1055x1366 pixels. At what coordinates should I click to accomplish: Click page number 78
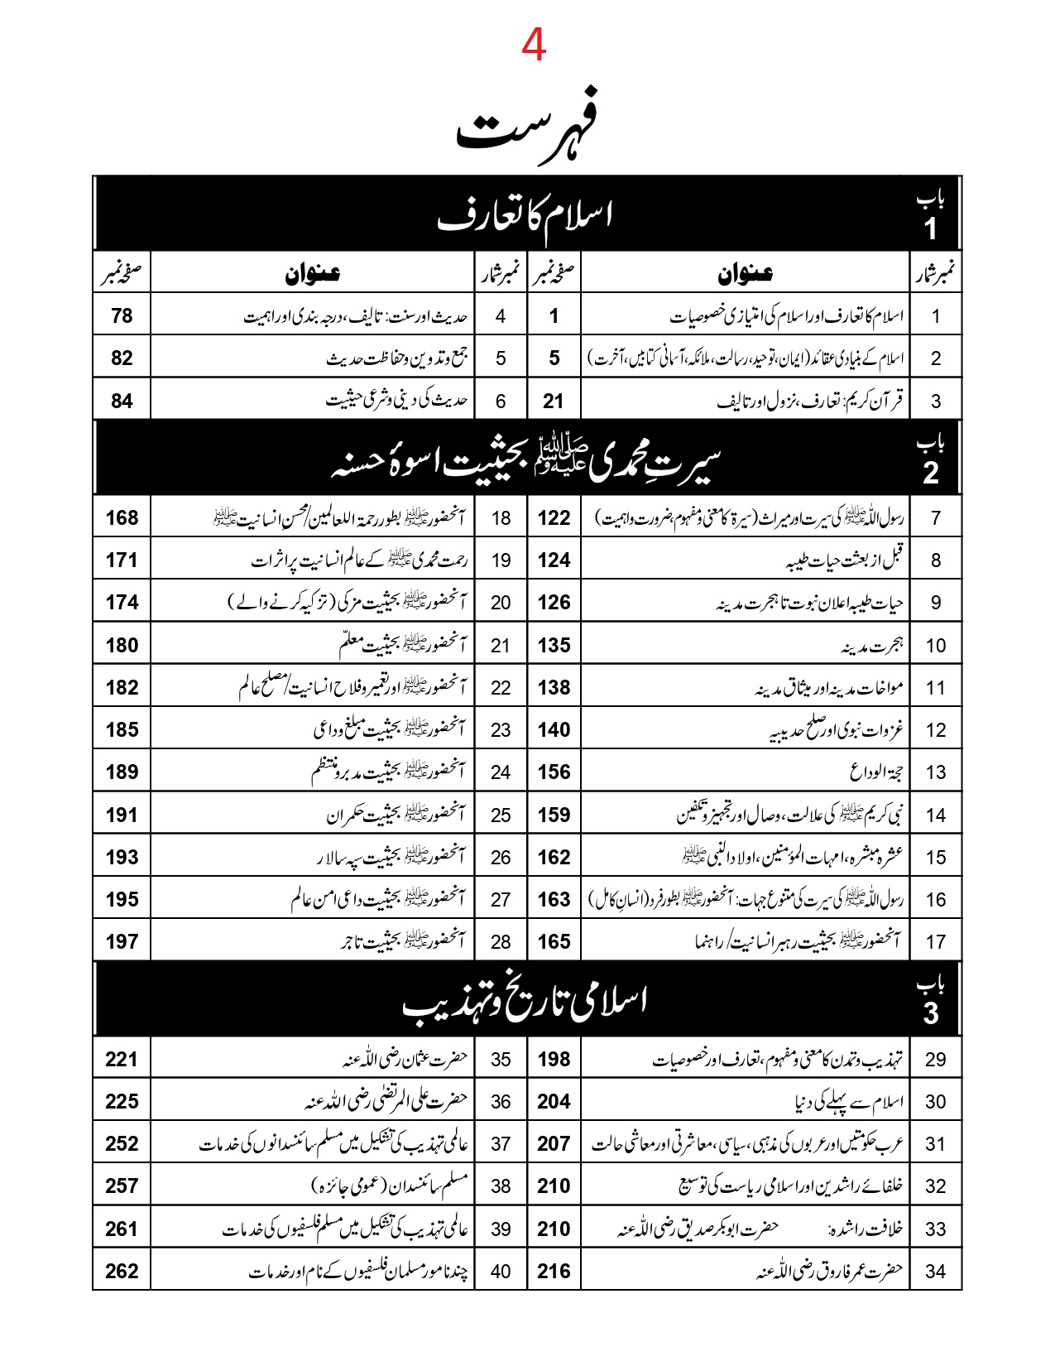click(122, 315)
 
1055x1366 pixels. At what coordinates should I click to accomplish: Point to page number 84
click(122, 401)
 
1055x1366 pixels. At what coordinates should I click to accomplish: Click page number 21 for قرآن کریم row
click(554, 401)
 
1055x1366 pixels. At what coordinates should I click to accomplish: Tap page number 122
click(554, 518)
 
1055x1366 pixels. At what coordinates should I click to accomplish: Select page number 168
click(122, 518)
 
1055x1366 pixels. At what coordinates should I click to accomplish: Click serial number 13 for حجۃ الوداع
click(936, 772)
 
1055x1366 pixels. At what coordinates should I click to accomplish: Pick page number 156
click(554, 772)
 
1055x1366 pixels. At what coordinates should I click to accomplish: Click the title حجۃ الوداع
click(876, 772)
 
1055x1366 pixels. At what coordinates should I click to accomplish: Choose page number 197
click(122, 941)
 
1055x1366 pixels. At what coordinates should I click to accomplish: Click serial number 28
click(501, 942)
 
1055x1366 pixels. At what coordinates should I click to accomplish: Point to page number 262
click(122, 1271)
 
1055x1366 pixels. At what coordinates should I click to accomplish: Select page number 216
click(554, 1271)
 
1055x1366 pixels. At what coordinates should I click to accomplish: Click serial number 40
click(501, 1272)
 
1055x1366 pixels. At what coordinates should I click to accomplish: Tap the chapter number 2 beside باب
click(931, 473)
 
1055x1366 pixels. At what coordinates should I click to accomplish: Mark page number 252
click(122, 1143)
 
